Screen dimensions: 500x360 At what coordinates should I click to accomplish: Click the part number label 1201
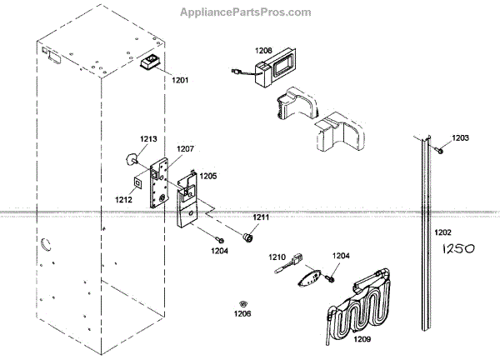click(181, 80)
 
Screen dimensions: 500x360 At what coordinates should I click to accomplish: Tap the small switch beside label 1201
click(152, 62)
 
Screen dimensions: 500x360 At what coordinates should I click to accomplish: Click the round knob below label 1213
click(130, 158)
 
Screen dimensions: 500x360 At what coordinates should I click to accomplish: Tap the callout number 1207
click(184, 149)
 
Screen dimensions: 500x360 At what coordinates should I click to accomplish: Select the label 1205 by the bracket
click(207, 177)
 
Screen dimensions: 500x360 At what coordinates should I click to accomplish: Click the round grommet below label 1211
click(247, 238)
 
